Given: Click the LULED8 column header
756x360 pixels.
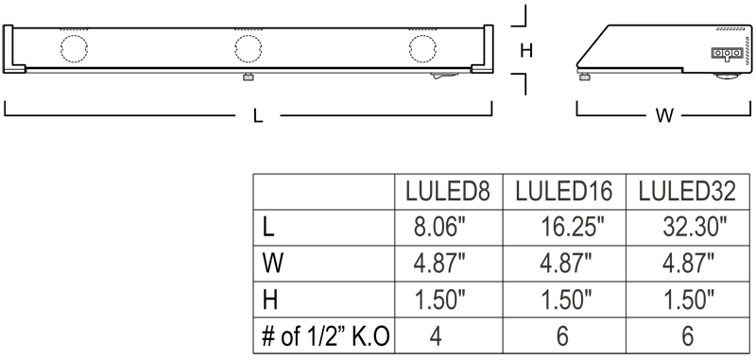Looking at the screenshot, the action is click(447, 192).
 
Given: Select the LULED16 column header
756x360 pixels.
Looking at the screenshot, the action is click(563, 192).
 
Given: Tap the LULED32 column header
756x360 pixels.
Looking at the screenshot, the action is click(687, 192).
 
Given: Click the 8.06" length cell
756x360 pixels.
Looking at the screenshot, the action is click(439, 227).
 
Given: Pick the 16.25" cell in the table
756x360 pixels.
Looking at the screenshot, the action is click(573, 227).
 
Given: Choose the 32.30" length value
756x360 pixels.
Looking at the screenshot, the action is click(695, 227).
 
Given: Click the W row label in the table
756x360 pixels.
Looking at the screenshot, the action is click(272, 264).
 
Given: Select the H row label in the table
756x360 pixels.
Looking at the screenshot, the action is click(270, 300).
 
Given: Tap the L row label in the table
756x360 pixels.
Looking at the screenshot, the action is click(268, 227).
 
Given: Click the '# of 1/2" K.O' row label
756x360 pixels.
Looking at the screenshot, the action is click(325, 335).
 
